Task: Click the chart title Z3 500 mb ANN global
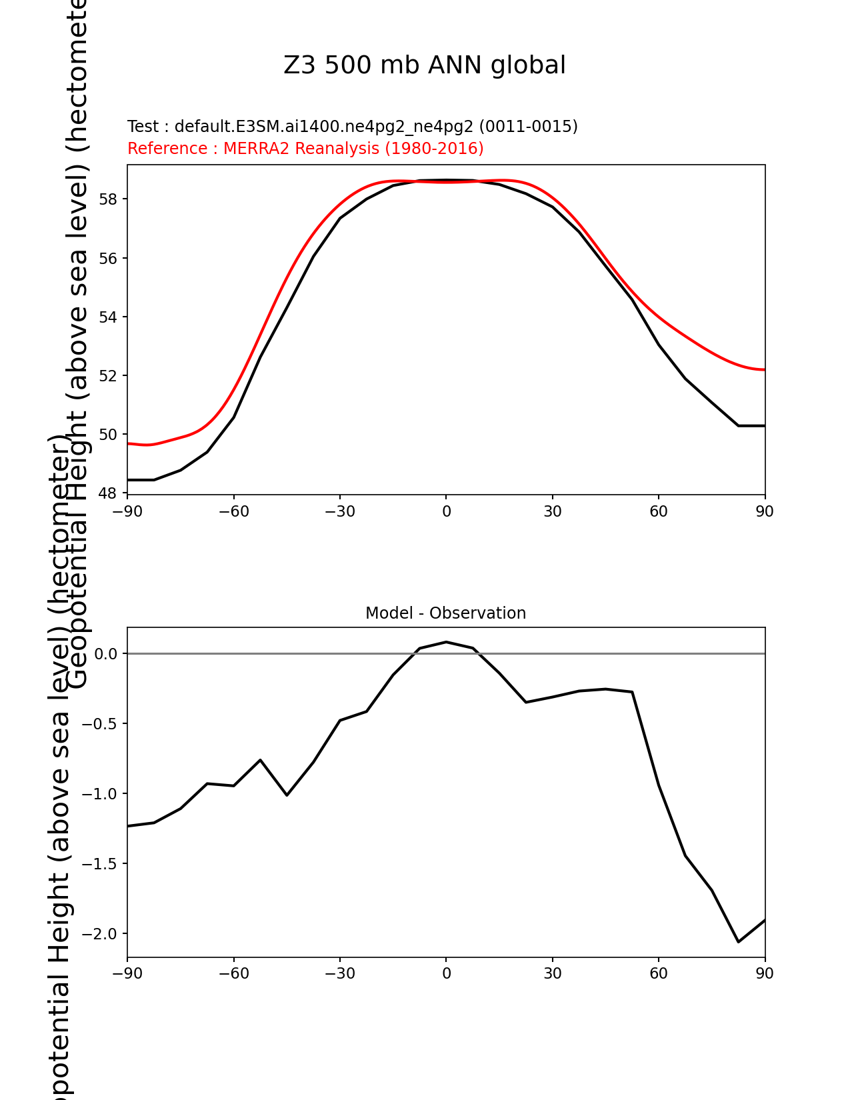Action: coord(424,65)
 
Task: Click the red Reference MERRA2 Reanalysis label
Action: coord(305,148)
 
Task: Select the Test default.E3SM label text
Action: coord(352,126)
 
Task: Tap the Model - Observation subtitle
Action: coord(445,613)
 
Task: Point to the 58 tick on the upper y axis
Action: coord(108,199)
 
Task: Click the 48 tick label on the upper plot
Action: coord(108,493)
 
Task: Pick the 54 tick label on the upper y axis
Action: coord(108,317)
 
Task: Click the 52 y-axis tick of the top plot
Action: coord(108,375)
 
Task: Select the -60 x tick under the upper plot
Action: coord(234,511)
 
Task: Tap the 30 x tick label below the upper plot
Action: coord(553,511)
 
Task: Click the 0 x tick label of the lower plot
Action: coord(446,973)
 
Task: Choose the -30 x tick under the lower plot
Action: coord(340,973)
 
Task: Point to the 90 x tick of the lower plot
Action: coord(765,973)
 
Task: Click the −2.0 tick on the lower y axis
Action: coord(100,933)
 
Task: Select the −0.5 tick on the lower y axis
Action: coord(100,723)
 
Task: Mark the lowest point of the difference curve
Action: coord(739,942)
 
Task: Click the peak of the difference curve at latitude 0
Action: coord(446,642)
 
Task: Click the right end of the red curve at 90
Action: coord(765,369)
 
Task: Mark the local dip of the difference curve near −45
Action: coord(287,795)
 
